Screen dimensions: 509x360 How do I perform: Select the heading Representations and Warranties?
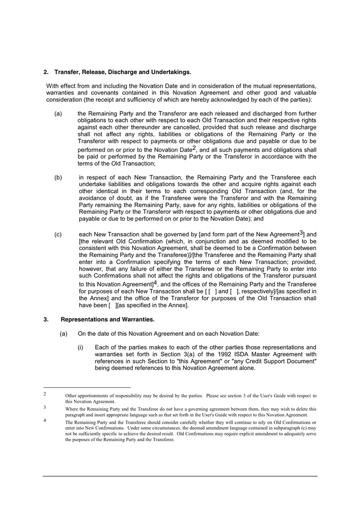coord(99,320)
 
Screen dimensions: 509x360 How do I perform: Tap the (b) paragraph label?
coord(58,178)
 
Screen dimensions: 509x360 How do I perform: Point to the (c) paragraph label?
coord(58,234)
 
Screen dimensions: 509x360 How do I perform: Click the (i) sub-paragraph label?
coord(81,347)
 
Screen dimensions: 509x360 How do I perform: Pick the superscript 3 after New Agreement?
coord(302,232)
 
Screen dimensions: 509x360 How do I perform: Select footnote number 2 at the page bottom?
coord(45,394)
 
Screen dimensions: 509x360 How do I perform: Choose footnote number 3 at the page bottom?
coord(45,407)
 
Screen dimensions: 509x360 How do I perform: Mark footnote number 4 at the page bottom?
coord(45,420)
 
